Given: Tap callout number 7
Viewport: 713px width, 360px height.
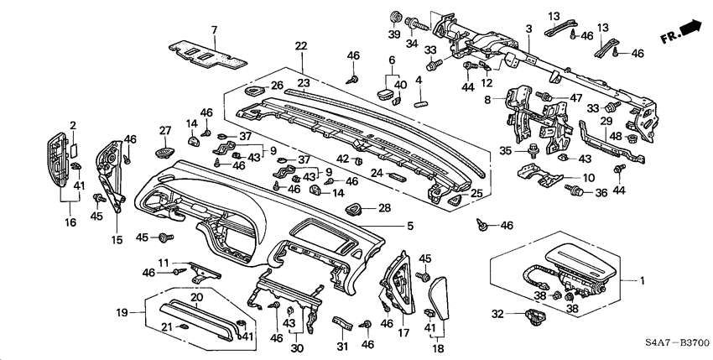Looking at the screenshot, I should tap(214, 30).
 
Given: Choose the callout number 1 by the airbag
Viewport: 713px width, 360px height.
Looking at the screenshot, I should tap(643, 279).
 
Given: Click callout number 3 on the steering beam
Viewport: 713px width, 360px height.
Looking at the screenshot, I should tap(528, 29).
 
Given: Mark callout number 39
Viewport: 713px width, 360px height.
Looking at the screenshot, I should tap(393, 34).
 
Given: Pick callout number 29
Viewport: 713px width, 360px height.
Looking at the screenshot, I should tap(606, 122).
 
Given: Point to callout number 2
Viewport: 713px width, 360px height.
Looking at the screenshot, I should tap(73, 125).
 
